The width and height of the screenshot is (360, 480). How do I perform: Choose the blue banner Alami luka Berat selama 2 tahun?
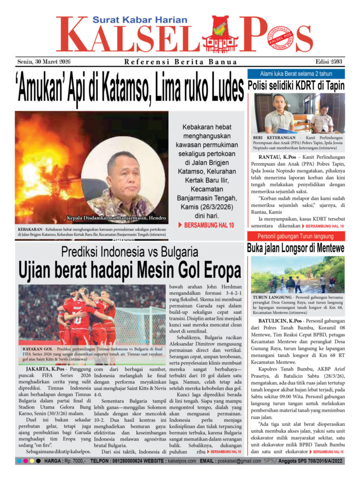[296, 74]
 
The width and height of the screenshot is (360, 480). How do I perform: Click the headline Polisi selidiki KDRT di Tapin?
[296, 86]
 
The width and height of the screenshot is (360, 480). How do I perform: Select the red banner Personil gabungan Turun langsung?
[296, 236]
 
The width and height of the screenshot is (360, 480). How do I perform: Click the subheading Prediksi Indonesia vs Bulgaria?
[129, 252]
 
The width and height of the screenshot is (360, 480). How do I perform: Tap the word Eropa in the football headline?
[218, 270]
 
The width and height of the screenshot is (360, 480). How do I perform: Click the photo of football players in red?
[92, 314]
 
